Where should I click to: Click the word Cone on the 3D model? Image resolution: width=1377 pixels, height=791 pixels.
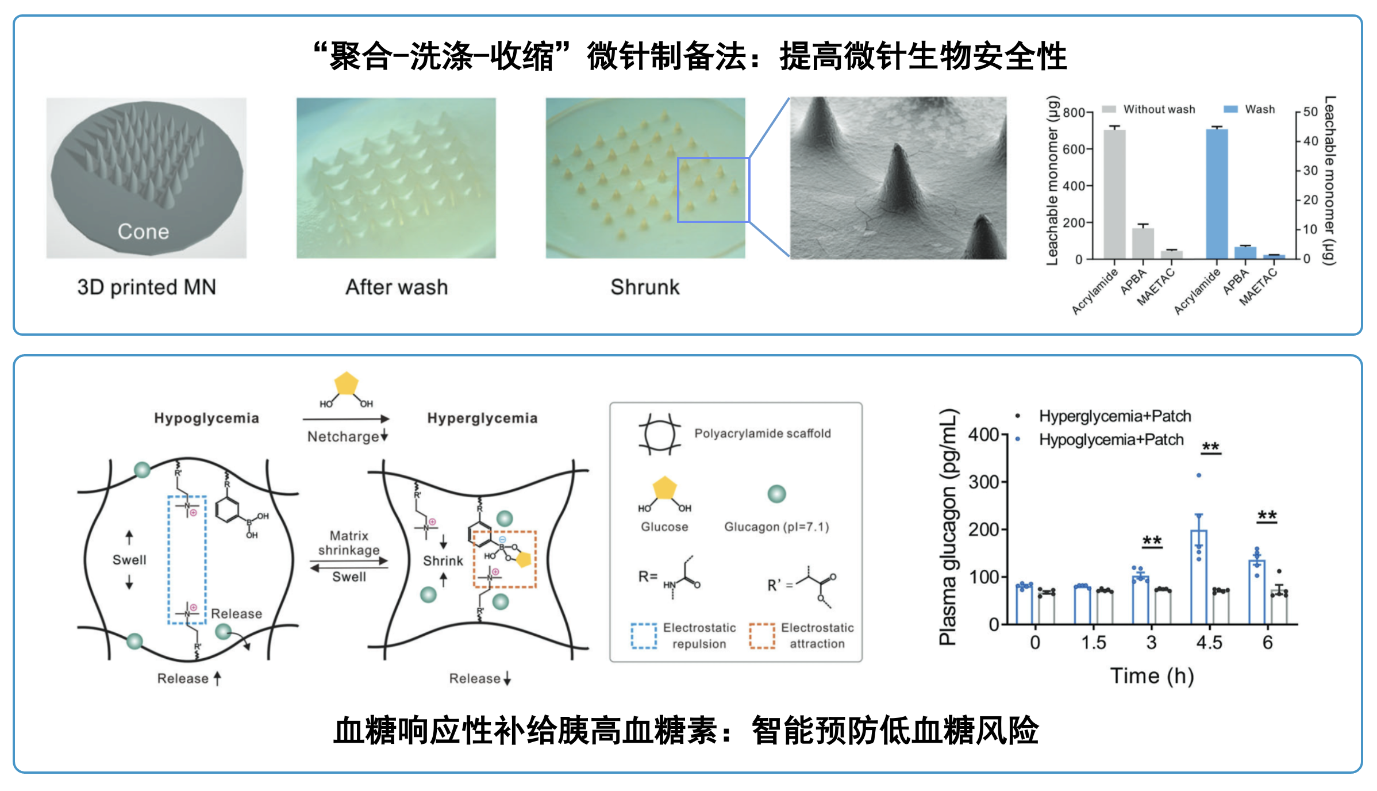coord(143,231)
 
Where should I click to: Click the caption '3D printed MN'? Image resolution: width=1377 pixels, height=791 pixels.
coord(147,287)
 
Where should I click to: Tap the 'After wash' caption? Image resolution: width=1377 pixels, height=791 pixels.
coord(397,287)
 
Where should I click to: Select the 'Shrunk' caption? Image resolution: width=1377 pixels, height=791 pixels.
coord(645,287)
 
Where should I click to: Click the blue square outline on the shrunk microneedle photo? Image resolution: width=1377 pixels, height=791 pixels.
coord(713,190)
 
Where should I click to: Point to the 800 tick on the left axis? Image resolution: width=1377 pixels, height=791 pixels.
coord(1074,113)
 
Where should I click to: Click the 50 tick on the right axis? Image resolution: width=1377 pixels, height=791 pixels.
coord(1310,112)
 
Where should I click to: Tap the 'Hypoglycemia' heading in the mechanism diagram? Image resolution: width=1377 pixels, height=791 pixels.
coord(206,418)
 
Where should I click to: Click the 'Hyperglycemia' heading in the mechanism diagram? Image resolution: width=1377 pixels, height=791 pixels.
coord(482,418)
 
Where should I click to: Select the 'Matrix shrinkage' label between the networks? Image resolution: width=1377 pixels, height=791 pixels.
coord(349,543)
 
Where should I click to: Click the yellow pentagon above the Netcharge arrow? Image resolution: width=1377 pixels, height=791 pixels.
coord(346,384)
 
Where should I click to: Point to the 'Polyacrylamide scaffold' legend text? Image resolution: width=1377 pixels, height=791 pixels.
coord(762,433)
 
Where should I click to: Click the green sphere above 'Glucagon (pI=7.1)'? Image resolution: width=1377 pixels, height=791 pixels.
coord(776,494)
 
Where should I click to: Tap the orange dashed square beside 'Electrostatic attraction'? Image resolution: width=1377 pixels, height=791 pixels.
coord(762,636)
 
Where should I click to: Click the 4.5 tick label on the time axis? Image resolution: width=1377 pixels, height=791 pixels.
coord(1209,642)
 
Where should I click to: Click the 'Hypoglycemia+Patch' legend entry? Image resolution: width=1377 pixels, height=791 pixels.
coord(1111,440)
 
